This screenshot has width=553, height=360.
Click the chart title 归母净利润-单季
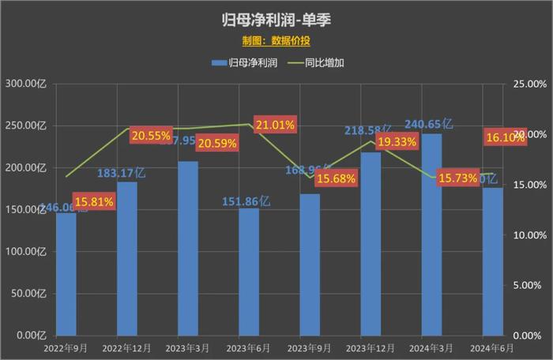coord(276,18)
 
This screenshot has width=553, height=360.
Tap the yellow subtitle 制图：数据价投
coord(276,39)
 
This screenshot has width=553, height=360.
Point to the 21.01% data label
coord(275,125)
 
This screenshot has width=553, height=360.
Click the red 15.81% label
coord(94,201)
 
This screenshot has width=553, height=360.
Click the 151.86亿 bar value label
coord(244,201)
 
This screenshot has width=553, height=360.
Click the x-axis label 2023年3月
coord(188,347)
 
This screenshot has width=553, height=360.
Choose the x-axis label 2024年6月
coord(492,347)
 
